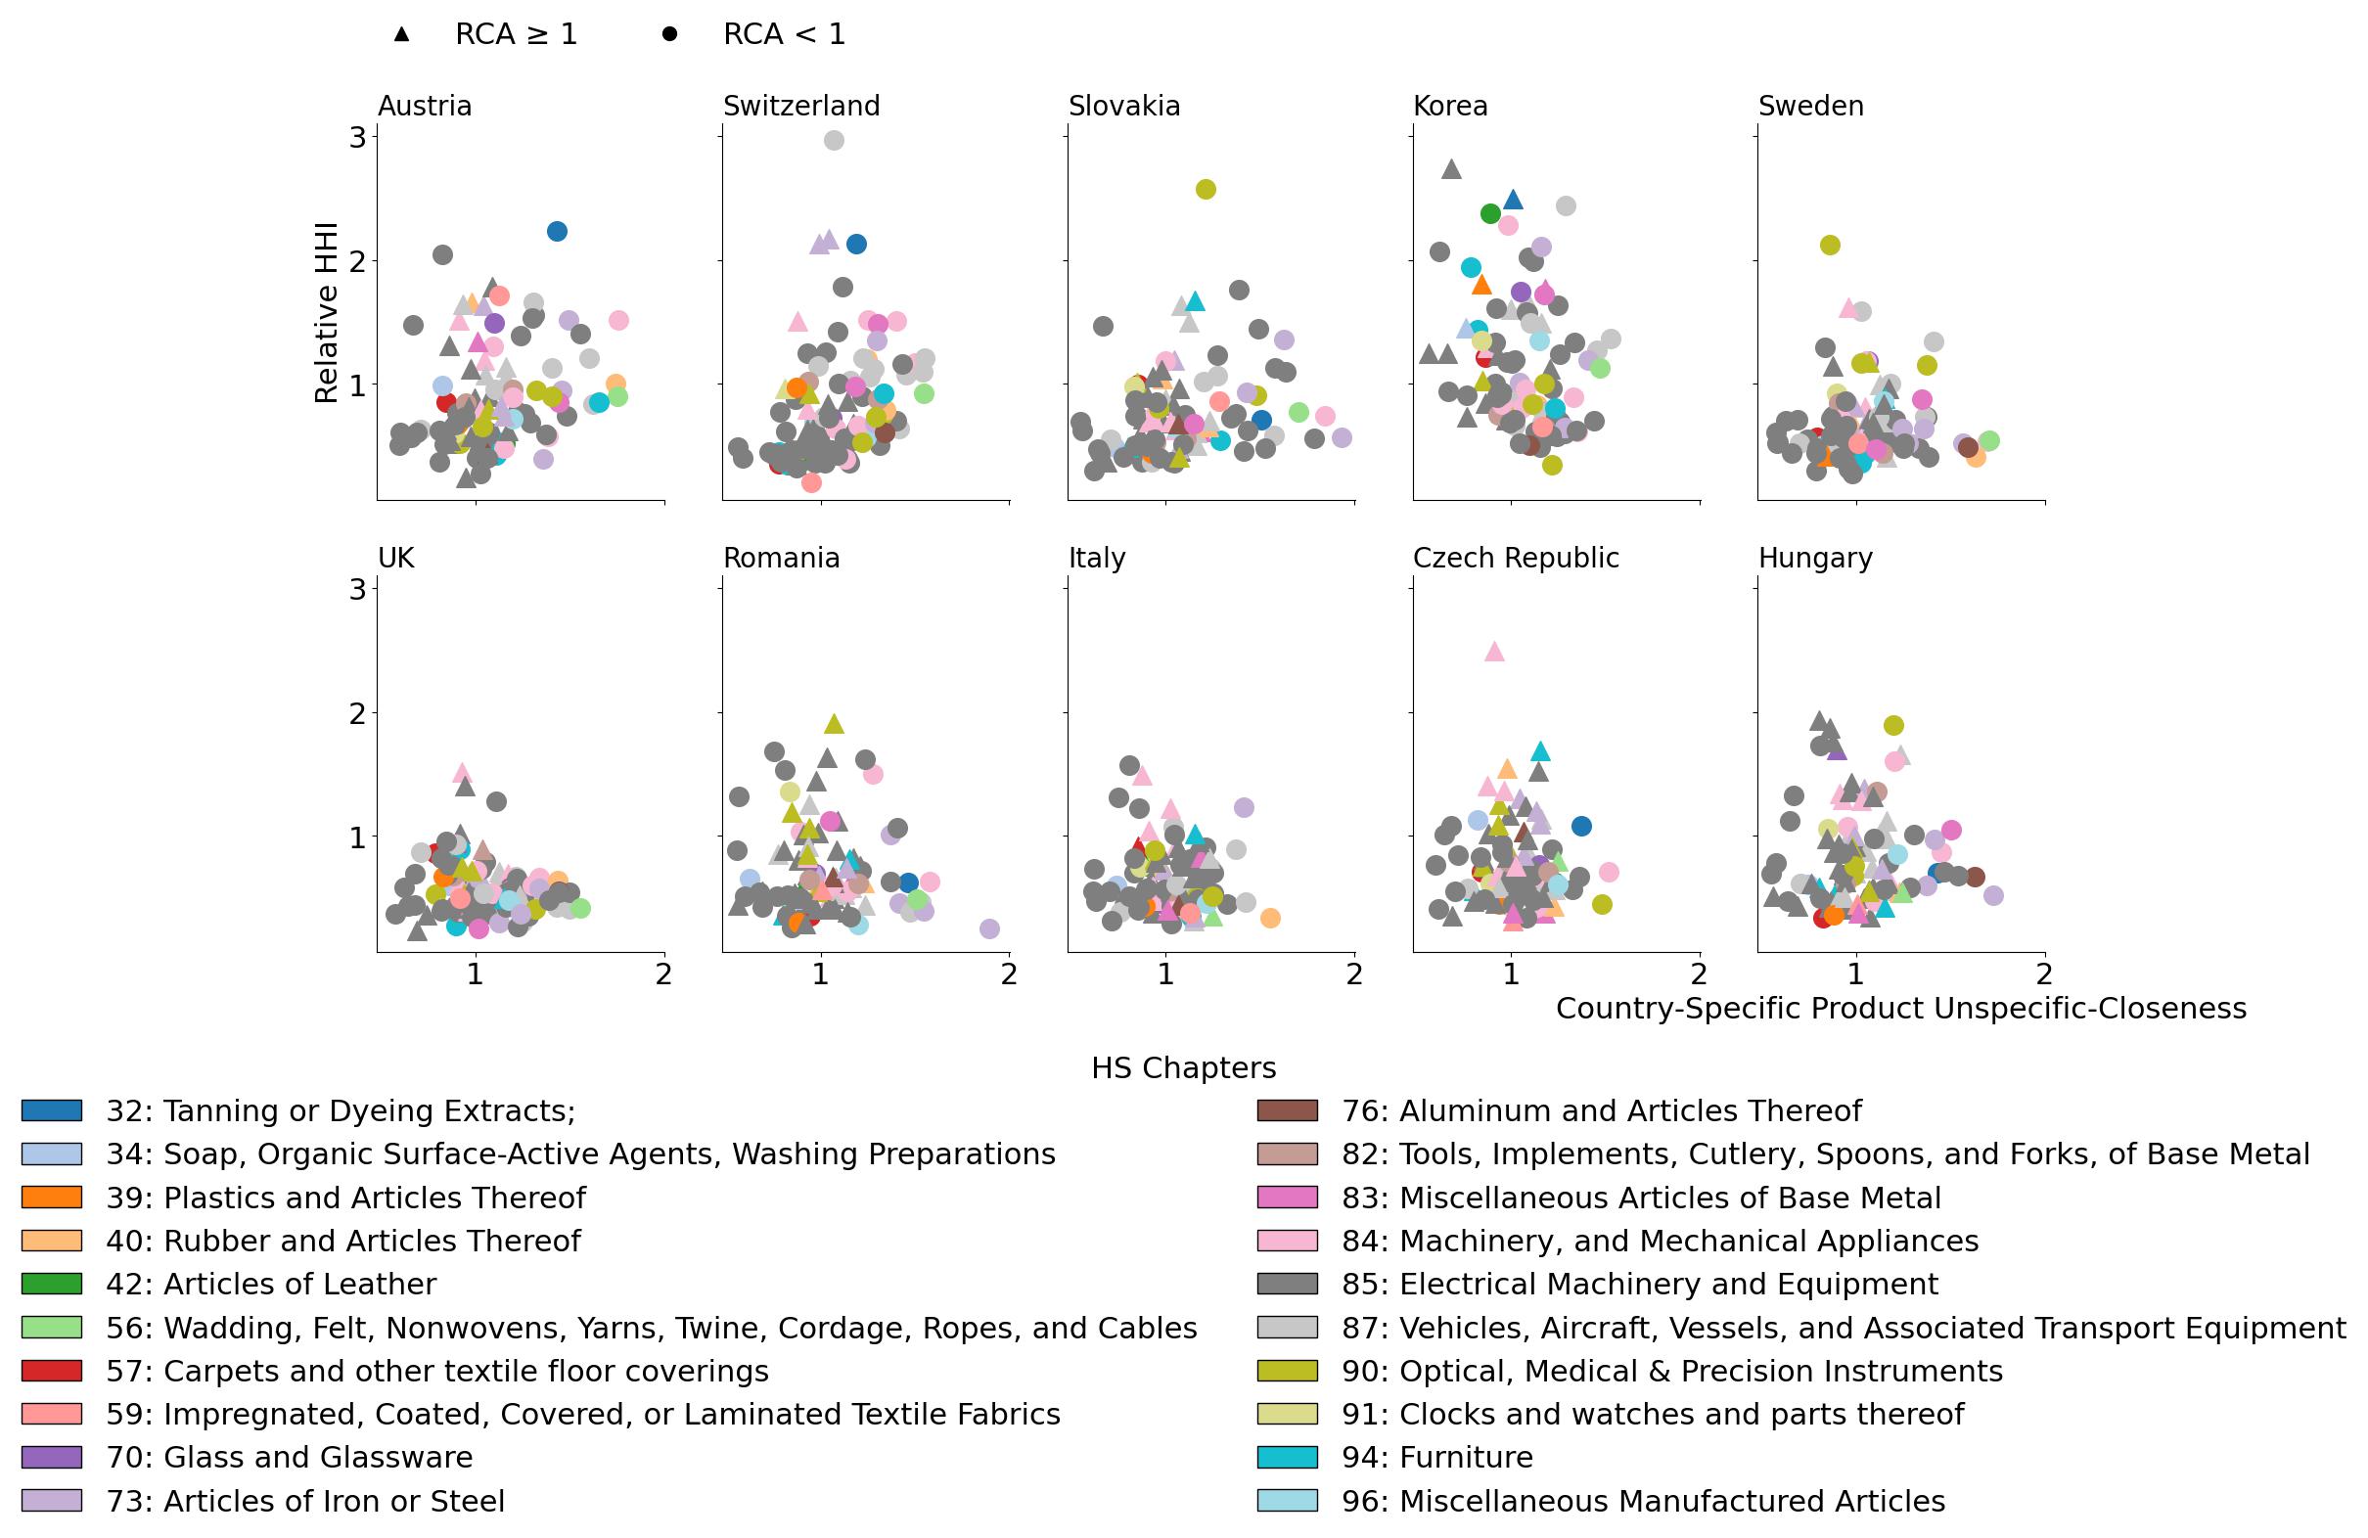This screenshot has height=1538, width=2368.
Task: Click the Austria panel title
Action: click(x=424, y=106)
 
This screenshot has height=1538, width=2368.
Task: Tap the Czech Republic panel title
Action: click(x=1516, y=558)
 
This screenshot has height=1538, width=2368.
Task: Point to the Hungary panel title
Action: click(x=1815, y=558)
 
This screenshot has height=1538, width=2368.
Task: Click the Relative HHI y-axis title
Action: click(x=327, y=312)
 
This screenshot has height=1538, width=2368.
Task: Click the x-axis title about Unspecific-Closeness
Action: click(x=1900, y=1009)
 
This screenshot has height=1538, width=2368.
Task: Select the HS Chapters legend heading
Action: click(x=1183, y=1068)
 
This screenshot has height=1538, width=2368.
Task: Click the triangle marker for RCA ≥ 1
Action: click(x=401, y=34)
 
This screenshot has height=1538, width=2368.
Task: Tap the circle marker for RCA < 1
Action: click(x=669, y=34)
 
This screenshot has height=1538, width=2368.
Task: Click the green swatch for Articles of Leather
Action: click(x=52, y=1285)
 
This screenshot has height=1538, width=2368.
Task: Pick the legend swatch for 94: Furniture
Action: click(x=1288, y=1458)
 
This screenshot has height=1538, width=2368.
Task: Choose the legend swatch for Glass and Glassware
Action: click(x=52, y=1458)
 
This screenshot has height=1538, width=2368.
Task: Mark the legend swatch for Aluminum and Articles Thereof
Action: click(x=1288, y=1111)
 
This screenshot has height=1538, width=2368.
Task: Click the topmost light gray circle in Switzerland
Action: click(x=834, y=140)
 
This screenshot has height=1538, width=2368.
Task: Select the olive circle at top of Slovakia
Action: click(x=1205, y=189)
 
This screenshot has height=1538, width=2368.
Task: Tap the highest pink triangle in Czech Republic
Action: click(x=1493, y=652)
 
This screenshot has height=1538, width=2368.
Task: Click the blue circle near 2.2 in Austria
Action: click(x=557, y=231)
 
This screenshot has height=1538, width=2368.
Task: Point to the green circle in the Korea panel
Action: click(x=1490, y=213)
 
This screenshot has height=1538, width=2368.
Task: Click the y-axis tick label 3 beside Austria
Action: click(x=357, y=137)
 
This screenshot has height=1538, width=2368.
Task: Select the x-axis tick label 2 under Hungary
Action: click(x=2044, y=974)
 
